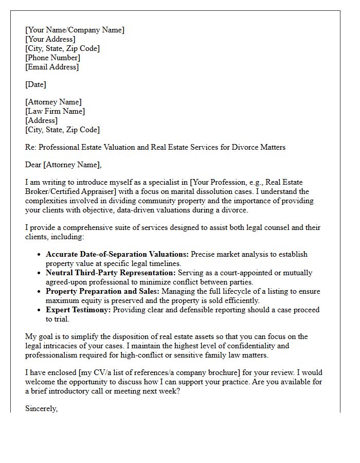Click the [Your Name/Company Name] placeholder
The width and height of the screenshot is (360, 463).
pos(75,30)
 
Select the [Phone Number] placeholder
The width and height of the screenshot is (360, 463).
pos(52,58)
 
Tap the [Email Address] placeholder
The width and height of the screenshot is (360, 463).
pos(52,67)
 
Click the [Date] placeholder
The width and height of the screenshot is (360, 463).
pos(35,84)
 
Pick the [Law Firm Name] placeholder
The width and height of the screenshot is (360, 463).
pos(55,111)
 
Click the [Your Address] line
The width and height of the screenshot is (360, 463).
pos(50,39)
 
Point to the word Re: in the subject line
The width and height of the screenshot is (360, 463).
pos(31,147)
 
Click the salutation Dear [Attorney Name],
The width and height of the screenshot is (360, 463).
pos(64,165)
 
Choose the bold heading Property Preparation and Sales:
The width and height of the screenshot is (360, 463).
pos(105,291)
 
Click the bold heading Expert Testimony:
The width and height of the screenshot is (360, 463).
pos(78,310)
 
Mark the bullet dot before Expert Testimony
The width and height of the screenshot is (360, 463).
pos(40,310)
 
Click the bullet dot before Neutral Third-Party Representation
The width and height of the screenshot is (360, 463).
pos(40,273)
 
